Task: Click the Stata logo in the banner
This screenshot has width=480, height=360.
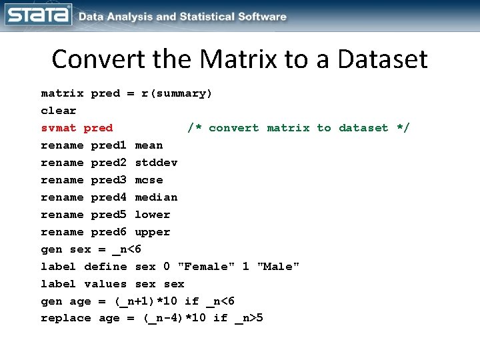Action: pos(37,15)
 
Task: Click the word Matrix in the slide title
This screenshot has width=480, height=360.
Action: pos(226,59)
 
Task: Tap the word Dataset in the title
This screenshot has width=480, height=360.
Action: pos(382,59)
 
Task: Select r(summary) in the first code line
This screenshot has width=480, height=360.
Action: pos(177,93)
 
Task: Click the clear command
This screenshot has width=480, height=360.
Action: pos(59,111)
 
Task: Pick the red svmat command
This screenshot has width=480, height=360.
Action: pos(59,128)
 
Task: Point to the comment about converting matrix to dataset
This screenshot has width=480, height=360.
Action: pos(299,128)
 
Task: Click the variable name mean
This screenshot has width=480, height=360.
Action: pos(149,145)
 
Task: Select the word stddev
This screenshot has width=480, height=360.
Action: pos(156,163)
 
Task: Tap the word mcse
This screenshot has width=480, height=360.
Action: pos(149,180)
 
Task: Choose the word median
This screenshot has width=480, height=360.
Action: pos(156,197)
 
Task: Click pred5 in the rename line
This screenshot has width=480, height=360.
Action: pos(109,215)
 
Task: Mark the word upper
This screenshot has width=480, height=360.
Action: pos(153,232)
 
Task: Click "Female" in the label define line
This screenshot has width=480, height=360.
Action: pos(206,267)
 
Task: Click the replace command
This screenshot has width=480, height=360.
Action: pos(66,318)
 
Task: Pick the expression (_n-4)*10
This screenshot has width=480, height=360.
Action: pos(174,318)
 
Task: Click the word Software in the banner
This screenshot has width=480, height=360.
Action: pos(259,17)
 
